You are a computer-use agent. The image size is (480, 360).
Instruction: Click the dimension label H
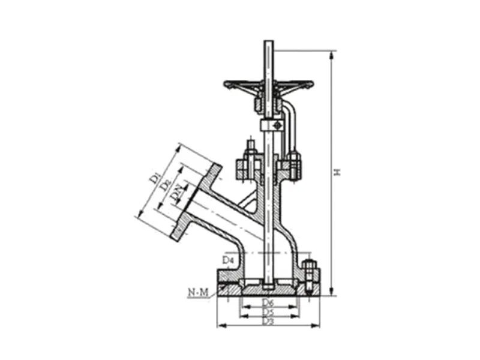click(338, 172)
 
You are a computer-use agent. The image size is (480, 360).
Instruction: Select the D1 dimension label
click(155, 177)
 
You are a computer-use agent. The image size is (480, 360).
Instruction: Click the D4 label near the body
click(227, 260)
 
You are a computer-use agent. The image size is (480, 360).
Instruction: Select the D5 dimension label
click(268, 313)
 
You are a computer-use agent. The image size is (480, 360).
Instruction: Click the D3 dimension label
click(268, 322)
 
